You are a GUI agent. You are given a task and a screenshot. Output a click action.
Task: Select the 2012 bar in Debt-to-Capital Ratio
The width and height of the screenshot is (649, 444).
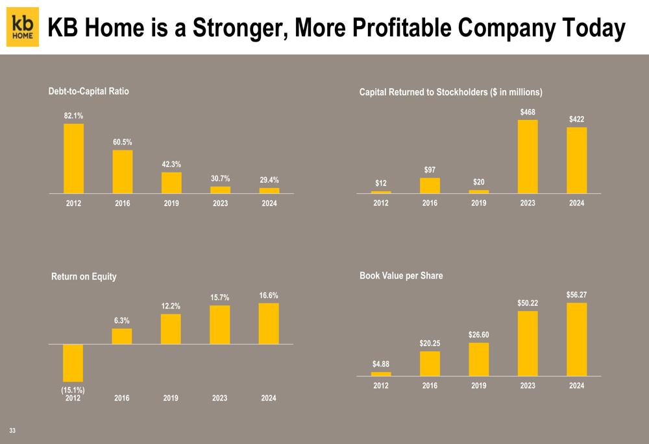(73, 158)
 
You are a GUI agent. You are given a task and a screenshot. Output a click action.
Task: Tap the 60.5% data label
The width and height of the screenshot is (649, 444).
(122, 141)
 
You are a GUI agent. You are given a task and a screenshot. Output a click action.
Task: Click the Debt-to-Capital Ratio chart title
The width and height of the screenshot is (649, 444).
(88, 91)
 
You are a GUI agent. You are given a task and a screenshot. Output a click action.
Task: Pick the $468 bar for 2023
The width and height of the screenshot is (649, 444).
(528, 156)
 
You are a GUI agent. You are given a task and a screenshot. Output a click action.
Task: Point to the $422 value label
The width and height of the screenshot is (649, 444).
(576, 119)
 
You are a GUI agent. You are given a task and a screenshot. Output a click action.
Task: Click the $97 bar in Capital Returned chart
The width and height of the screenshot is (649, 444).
(430, 185)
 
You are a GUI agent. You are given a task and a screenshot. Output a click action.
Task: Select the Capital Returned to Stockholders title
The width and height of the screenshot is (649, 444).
(450, 92)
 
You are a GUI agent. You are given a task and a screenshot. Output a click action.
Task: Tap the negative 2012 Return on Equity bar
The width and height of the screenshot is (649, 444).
(73, 362)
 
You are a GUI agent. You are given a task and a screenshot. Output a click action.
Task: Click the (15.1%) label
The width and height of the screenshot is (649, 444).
(73, 390)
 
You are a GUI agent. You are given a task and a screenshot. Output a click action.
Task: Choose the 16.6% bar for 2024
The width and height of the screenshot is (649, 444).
(269, 323)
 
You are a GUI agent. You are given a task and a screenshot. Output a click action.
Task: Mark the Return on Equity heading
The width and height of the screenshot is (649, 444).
(84, 277)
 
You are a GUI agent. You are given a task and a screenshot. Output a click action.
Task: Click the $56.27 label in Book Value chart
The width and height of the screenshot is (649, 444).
(576, 295)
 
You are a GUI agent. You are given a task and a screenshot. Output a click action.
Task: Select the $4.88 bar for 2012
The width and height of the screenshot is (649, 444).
(381, 373)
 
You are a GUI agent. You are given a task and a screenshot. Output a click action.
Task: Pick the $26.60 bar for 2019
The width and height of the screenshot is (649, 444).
(478, 359)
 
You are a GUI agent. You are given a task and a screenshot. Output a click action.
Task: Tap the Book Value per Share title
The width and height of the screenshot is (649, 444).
(401, 275)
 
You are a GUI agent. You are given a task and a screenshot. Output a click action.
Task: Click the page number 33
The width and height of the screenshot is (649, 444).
(12, 430)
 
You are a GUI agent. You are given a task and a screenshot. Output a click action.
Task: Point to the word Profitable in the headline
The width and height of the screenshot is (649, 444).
(397, 28)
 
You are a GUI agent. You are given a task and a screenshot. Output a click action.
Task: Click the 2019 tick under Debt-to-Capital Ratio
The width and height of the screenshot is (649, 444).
(171, 204)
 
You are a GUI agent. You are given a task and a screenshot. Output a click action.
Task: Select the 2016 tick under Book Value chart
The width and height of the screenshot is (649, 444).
(430, 386)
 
